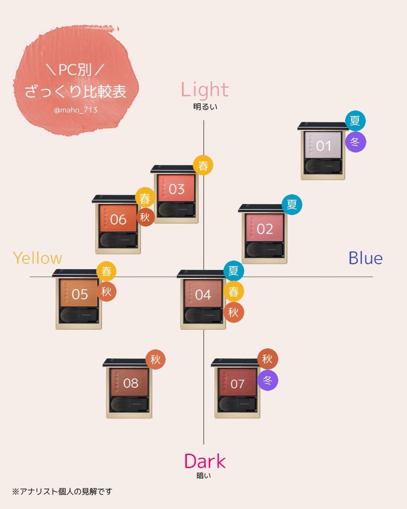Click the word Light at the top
pyautogui.click(x=205, y=89)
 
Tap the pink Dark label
pyautogui.click(x=205, y=461)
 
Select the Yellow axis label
pyautogui.click(x=38, y=258)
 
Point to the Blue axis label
pyautogui.click(x=365, y=258)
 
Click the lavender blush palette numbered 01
pyautogui.click(x=323, y=151)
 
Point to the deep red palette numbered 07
pyautogui.click(x=237, y=388)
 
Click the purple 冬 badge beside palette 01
pyautogui.click(x=355, y=142)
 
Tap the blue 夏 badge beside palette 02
pyautogui.click(x=292, y=204)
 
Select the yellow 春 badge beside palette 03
pyautogui.click(x=203, y=165)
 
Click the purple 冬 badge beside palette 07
pyautogui.click(x=267, y=381)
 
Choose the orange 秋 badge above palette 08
pyautogui.click(x=155, y=360)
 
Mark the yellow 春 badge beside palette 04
pyautogui.click(x=233, y=292)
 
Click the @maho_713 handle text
pyautogui.click(x=76, y=110)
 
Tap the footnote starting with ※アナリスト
pyautogui.click(x=62, y=492)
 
